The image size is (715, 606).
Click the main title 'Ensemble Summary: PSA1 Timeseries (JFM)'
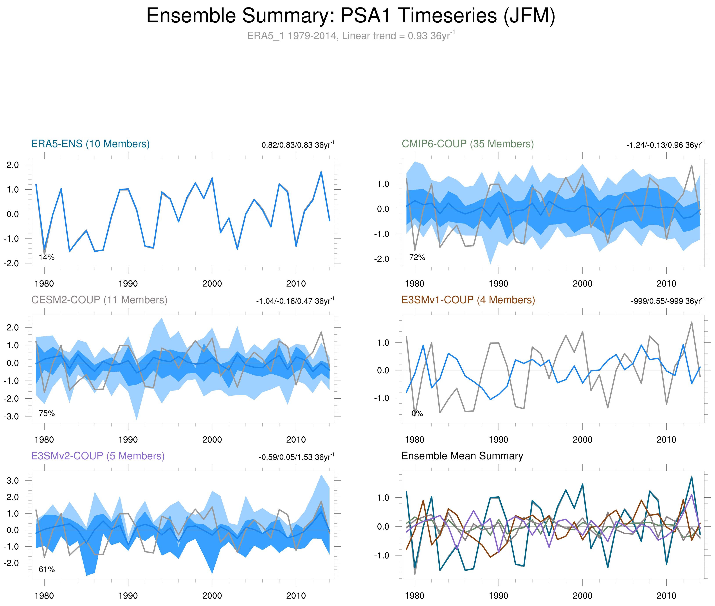coord(350,16)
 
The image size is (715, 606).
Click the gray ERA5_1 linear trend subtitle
coord(350,36)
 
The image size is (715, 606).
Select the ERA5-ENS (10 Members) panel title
coord(90,144)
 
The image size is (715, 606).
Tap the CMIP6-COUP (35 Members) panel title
coord(468,144)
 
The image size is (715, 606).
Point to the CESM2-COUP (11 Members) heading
coord(99,300)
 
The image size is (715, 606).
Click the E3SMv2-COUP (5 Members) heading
coord(98,456)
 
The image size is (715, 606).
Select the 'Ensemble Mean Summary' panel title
coord(462,456)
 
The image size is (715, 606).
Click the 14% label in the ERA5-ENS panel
coord(47,257)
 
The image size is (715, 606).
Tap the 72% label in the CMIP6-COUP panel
coord(417,257)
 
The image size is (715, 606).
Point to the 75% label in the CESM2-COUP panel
coord(47,413)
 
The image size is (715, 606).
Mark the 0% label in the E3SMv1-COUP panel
coord(417,413)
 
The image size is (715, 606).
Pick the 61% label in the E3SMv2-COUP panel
coord(47,569)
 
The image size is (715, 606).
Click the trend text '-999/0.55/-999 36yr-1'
coord(667,301)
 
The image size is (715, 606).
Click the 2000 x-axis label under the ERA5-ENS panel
coord(212,284)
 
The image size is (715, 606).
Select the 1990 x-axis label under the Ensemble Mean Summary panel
coord(498,596)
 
